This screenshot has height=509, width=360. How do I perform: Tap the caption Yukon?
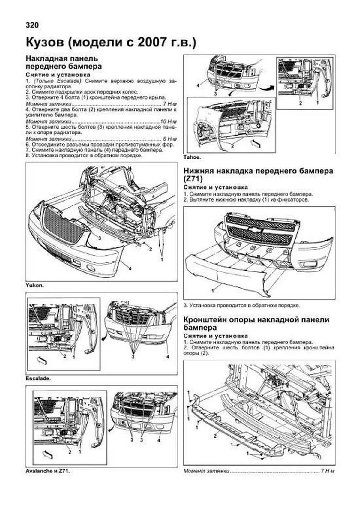click(35, 285)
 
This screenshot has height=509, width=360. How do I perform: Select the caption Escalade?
click(38, 379)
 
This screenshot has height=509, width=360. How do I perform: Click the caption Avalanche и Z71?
click(48, 471)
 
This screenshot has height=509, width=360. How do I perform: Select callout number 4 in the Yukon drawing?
click(130, 268)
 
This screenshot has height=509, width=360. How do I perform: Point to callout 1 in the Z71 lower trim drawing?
click(213, 290)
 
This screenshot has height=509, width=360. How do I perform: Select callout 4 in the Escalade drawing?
click(168, 357)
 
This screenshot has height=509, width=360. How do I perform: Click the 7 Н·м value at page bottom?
click(327, 471)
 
